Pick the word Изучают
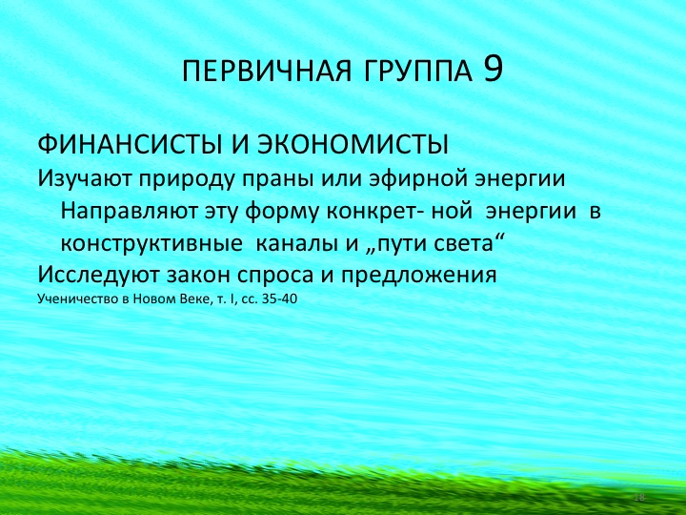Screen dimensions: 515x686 pyautogui.click(x=84, y=178)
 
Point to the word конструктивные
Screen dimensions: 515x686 pyautogui.click(x=150, y=243)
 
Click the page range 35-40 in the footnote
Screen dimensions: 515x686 pyautogui.click(x=282, y=299)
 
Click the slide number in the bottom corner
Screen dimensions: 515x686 pyautogui.click(x=640, y=498)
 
